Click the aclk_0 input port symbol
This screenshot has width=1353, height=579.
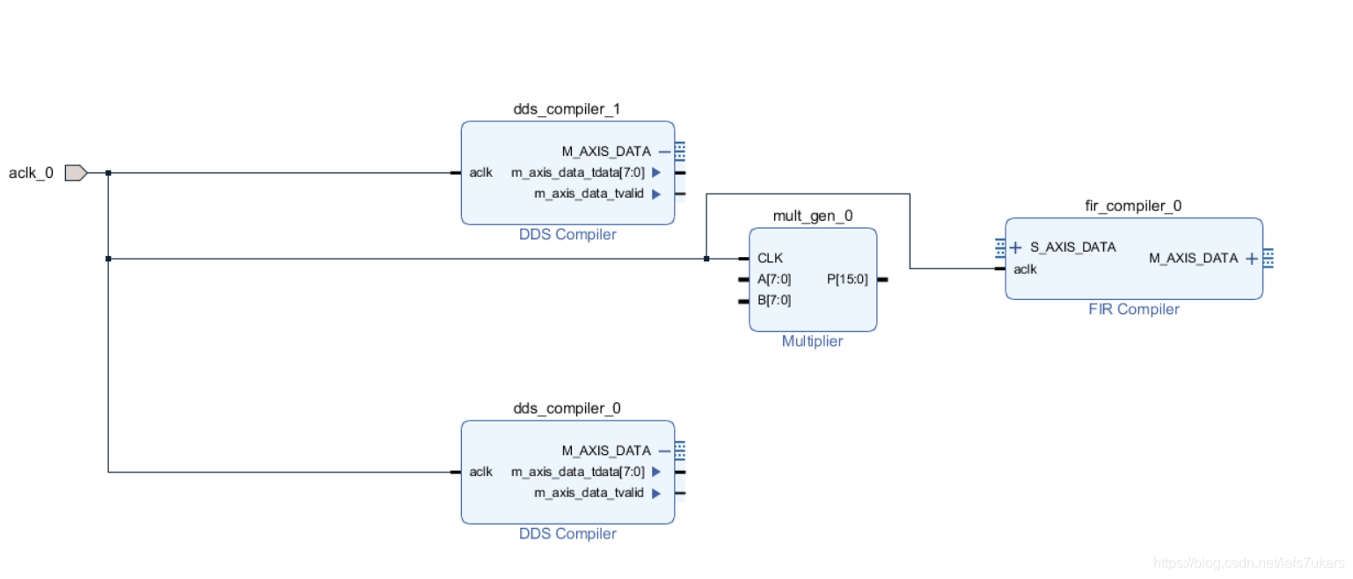pyautogui.click(x=76, y=172)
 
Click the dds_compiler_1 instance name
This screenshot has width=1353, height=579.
pyautogui.click(x=567, y=109)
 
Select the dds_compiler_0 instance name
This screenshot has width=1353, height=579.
pyautogui.click(x=567, y=408)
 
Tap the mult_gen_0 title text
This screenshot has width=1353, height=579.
pyautogui.click(x=812, y=216)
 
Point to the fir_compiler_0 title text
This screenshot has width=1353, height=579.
pyautogui.click(x=1133, y=206)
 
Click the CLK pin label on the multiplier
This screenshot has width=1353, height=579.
pyautogui.click(x=770, y=259)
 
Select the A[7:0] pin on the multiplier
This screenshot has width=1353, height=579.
pyautogui.click(x=774, y=280)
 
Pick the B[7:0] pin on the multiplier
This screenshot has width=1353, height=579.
pyautogui.click(x=774, y=301)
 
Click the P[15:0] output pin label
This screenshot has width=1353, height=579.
pyautogui.click(x=847, y=280)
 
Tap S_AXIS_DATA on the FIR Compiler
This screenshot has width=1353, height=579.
pyautogui.click(x=1072, y=247)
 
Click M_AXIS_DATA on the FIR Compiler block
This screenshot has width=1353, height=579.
pyautogui.click(x=1194, y=258)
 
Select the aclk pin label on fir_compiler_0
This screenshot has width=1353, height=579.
pyautogui.click(x=1025, y=269)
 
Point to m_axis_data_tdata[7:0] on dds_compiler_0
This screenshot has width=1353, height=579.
pyautogui.click(x=577, y=472)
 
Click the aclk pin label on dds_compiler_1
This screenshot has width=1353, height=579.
pyautogui.click(x=481, y=172)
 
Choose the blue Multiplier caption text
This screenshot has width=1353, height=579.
pyautogui.click(x=812, y=341)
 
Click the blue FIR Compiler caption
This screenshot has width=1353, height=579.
pyautogui.click(x=1133, y=310)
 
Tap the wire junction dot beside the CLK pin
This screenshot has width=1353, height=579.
pyautogui.click(x=706, y=259)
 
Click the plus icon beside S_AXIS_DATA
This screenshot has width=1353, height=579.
pyautogui.click(x=1016, y=247)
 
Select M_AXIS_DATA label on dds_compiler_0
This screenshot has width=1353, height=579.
pyautogui.click(x=606, y=451)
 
